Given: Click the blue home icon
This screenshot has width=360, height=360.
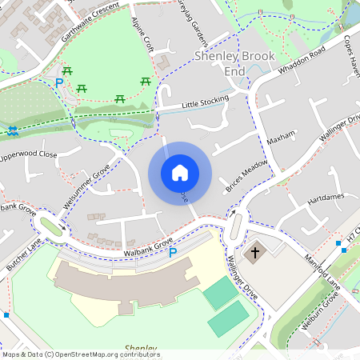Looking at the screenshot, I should coord(179,173).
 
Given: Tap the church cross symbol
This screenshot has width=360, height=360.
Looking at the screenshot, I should coord(255,253).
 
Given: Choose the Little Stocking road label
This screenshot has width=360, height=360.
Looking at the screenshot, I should coord(204,102).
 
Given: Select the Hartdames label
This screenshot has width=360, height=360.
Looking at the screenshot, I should coord(325,196).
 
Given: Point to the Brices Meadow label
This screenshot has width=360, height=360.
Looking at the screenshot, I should coord(246,174).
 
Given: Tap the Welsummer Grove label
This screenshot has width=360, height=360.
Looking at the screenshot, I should coord(90,188).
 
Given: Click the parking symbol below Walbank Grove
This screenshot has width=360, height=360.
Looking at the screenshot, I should coord(172,253).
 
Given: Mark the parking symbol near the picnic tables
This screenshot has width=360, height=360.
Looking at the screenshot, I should coord(58,82).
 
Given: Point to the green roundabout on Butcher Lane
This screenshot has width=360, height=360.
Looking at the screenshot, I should coord(54,227).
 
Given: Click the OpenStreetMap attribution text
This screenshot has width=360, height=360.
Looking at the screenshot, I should coord(80,354).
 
